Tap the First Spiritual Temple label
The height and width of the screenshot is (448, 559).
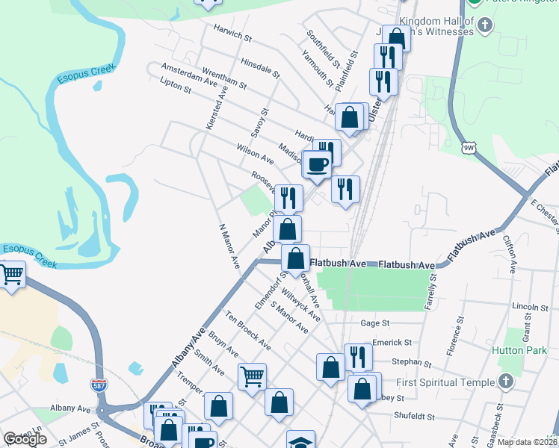tap(445, 382)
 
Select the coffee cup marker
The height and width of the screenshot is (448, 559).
tap(317, 164)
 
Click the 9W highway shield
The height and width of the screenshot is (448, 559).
tap(469, 147)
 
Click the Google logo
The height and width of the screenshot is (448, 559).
tap(25, 439)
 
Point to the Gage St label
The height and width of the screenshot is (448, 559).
tap(375, 323)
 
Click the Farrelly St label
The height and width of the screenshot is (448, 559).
tap(430, 293)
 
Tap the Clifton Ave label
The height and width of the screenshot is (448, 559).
tap(510, 252)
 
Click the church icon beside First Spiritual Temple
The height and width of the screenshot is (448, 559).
tap(506, 382)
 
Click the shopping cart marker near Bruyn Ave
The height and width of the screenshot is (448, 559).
tap(252, 376)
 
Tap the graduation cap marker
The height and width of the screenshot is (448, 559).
tap(300, 441)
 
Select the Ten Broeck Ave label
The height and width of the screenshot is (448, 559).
tap(249, 330)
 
